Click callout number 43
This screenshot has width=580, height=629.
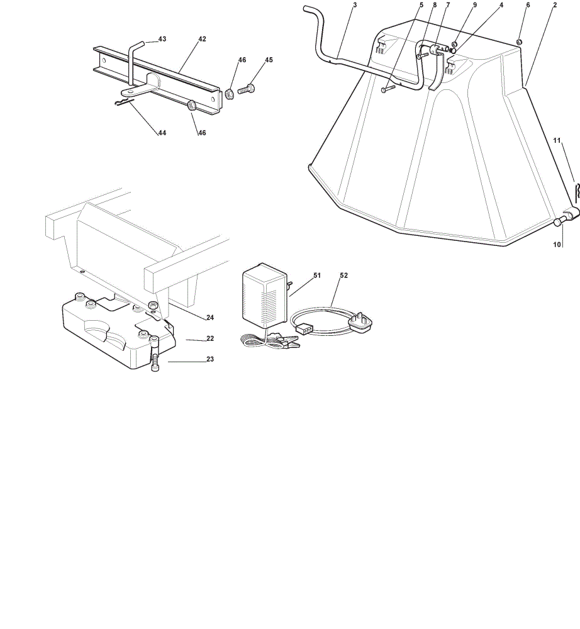162,39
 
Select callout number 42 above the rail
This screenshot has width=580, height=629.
202,39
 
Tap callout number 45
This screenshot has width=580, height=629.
269,60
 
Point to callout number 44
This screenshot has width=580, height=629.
162,133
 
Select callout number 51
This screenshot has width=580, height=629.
317,276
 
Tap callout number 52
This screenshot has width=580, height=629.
343,276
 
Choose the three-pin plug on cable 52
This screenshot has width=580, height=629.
361,322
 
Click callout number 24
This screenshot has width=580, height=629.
210,317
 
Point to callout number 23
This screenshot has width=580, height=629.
210,359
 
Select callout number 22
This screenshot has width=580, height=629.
210,338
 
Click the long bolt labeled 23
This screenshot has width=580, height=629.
155,353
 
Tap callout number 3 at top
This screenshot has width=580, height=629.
355,5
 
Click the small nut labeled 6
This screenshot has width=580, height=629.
518,42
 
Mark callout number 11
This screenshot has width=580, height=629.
557,140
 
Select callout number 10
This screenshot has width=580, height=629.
557,244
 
